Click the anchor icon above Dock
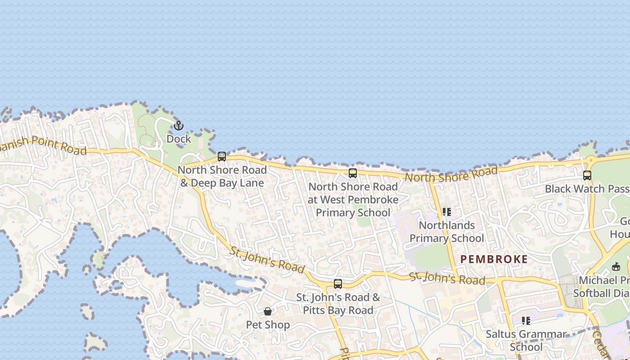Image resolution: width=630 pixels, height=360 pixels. pos(179,126)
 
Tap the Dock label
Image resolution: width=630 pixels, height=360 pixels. pos(179,139)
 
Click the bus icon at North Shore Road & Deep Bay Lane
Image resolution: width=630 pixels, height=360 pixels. pos(222,157)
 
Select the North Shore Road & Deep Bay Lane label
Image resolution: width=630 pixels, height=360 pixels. pos(222,176)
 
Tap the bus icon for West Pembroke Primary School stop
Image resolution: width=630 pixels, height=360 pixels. pos(353,173)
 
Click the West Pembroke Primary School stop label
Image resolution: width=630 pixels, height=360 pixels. pos(353,199)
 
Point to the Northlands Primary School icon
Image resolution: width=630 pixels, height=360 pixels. pos(447,212)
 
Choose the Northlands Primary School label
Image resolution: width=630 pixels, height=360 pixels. pos(447,232)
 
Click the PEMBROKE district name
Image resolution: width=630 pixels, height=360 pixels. pos(494,259)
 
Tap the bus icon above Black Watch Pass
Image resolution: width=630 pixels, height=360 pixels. pos(587,175)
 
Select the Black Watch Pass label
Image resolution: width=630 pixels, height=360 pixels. pos(587,189)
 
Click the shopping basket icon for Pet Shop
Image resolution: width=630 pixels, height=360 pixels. pos(268,311)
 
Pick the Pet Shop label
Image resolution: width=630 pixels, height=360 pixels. pos(268,325)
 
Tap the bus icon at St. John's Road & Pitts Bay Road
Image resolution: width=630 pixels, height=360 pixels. pos(338,284)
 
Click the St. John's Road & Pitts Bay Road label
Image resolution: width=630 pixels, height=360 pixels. pos(338,304)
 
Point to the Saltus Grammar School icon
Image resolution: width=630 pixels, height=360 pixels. pos(526,321)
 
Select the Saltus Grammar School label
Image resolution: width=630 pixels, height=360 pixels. pos(526,341)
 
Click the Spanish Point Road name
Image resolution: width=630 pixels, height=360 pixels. pos(43,145)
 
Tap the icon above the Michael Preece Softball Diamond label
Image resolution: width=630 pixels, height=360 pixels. pos(616,267)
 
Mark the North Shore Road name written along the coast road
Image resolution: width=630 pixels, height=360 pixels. pos(451,174)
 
